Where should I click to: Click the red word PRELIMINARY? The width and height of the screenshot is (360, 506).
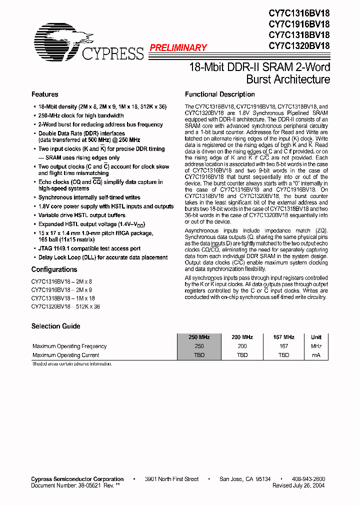178,48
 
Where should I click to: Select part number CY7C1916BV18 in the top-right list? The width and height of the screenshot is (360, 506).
299,24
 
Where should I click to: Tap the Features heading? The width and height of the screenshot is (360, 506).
44,94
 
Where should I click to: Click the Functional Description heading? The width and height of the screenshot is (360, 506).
219,94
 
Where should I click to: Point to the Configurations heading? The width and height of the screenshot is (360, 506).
54,269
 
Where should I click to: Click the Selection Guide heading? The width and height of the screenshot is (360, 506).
55,326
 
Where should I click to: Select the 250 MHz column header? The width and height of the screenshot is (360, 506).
199,337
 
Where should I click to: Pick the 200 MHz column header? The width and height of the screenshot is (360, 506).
242,337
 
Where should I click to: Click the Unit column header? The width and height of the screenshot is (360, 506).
316,337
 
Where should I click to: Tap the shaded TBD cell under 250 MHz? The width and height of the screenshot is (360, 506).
199,355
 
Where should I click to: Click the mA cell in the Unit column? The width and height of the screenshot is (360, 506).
316,355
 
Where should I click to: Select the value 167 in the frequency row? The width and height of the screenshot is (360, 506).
283,346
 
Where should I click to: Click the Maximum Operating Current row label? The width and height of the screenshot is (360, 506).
65,355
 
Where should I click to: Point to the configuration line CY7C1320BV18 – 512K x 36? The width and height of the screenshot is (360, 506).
65,306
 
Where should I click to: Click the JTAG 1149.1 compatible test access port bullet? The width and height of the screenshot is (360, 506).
89,248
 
